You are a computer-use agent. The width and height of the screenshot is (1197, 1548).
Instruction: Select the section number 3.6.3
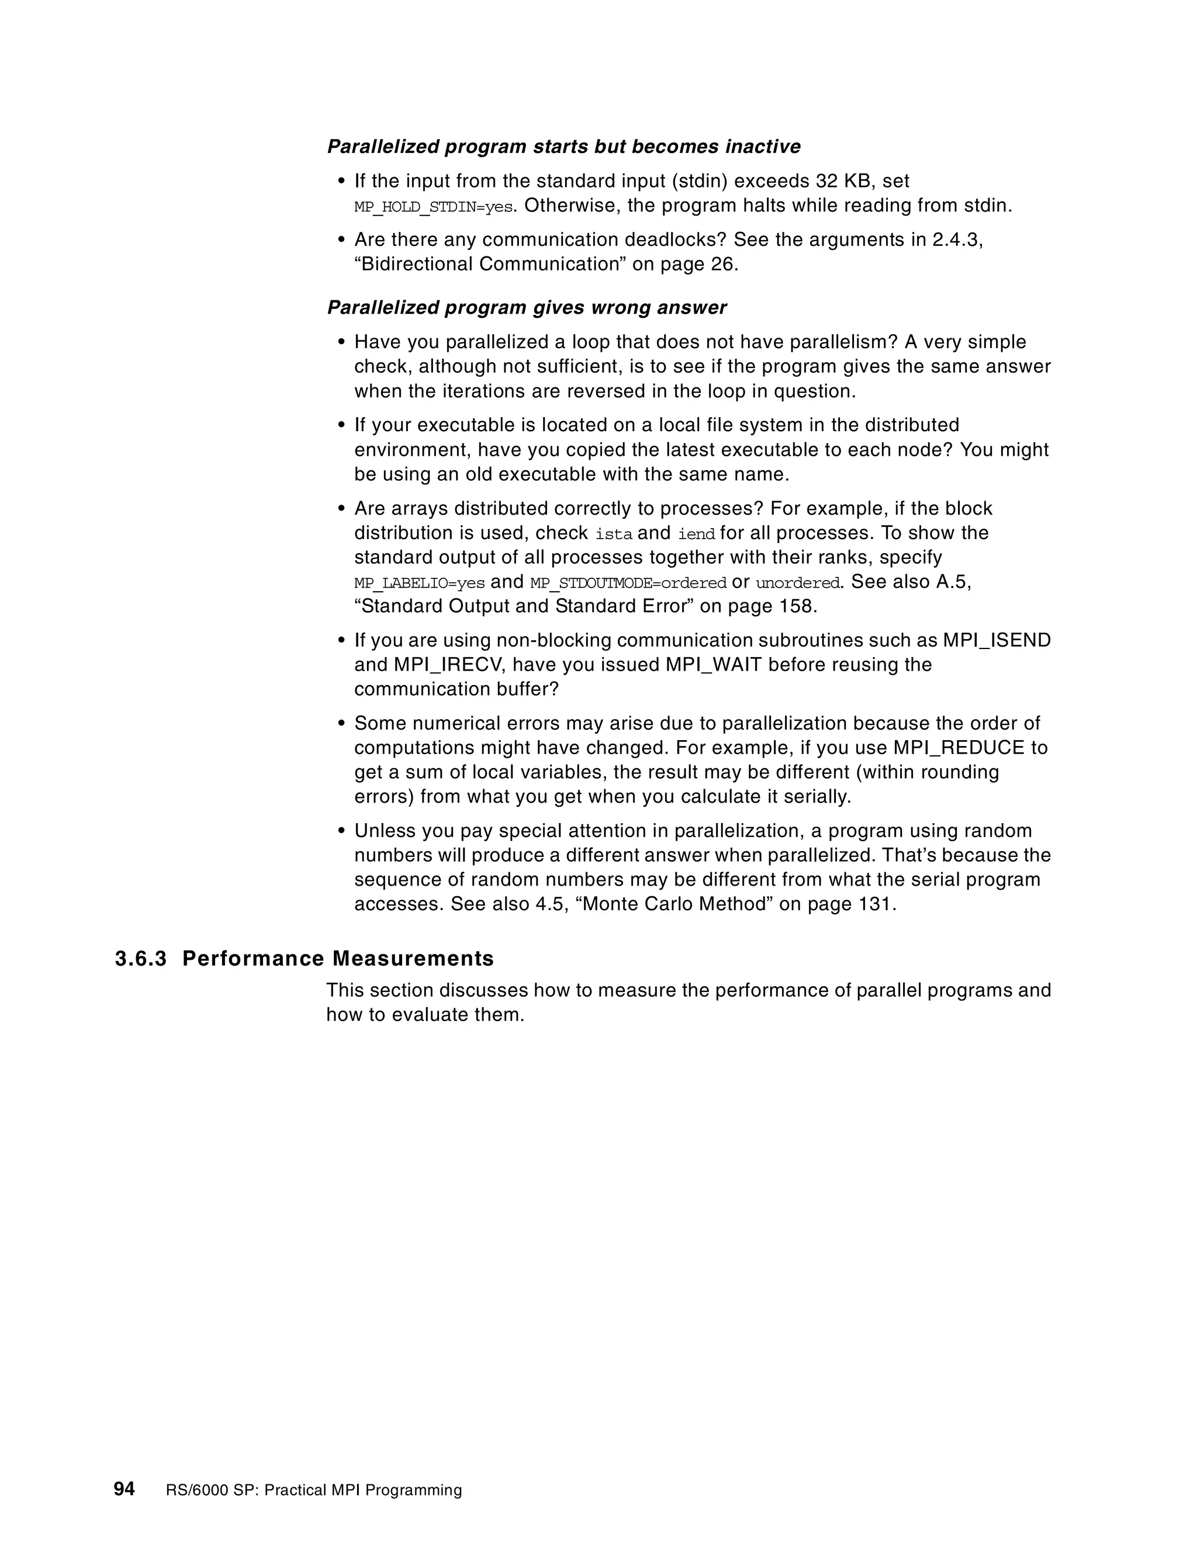(x=140, y=958)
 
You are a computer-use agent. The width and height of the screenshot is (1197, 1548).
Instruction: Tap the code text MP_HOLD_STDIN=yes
(x=433, y=207)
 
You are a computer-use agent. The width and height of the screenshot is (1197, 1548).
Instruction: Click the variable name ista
(x=613, y=534)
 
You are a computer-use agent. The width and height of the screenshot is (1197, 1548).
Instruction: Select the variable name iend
(x=696, y=534)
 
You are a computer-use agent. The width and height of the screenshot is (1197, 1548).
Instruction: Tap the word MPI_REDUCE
(x=961, y=748)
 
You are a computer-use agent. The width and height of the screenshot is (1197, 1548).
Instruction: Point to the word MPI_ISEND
(x=997, y=640)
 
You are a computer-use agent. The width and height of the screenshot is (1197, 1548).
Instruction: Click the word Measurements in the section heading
(x=413, y=958)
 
